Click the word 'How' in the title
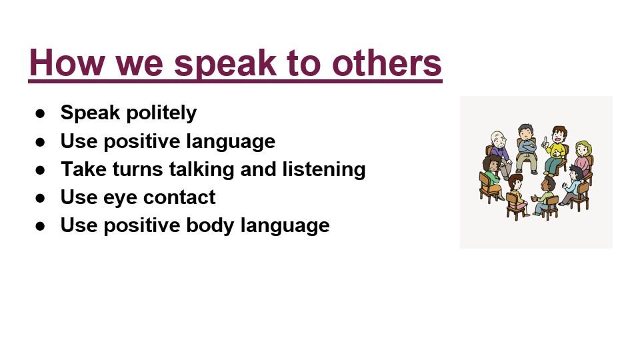tap(67, 63)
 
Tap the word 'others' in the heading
tap(387, 63)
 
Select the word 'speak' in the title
tap(225, 65)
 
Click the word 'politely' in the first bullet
tap(162, 113)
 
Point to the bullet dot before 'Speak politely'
tap(41, 113)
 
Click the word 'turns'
tap(137, 169)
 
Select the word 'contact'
tap(179, 197)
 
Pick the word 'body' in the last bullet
tap(210, 226)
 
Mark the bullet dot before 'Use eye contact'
tap(41, 198)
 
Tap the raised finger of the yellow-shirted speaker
tap(544, 141)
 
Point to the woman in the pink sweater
tap(583, 157)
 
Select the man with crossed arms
tap(526, 148)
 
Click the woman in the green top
tap(492, 176)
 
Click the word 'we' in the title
tap(139, 65)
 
